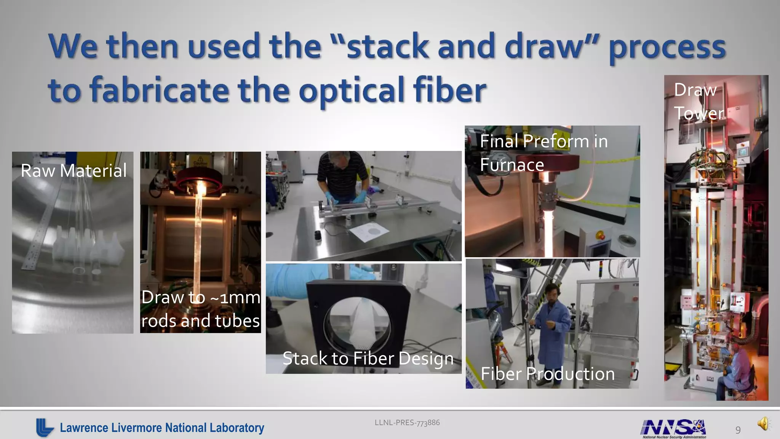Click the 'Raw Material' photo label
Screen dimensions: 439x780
pos(74,170)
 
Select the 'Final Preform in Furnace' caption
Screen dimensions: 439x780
pos(543,153)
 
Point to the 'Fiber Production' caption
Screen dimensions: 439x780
pos(548,374)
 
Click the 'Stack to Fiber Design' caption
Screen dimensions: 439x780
pos(368,358)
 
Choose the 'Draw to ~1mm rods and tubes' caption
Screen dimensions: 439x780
pos(201,309)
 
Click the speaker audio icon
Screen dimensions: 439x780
pos(763,423)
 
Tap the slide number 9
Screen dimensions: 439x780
pos(738,430)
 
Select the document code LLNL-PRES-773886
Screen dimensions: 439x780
pos(407,422)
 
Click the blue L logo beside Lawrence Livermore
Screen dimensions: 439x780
pos(45,427)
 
